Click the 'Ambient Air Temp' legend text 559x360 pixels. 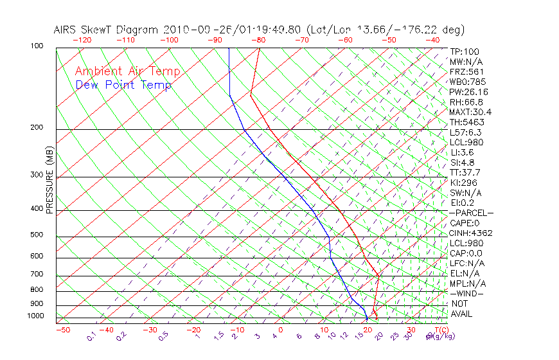pyautogui.click(x=127, y=71)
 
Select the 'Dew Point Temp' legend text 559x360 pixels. pyautogui.click(x=123, y=85)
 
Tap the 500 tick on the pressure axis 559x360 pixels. pyautogui.click(x=37, y=235)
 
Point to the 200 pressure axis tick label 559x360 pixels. pyautogui.click(x=37, y=127)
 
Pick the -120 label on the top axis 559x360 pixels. pyautogui.click(x=82, y=40)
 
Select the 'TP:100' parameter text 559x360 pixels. pyautogui.click(x=464, y=51)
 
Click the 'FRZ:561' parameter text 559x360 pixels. pyautogui.click(x=467, y=71)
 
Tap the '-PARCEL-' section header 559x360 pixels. pyautogui.click(x=471, y=213)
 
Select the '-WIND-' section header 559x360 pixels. pyautogui.click(x=467, y=293)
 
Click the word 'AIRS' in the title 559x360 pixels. pyautogui.click(x=66, y=30)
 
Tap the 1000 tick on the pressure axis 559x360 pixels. pyautogui.click(x=36, y=316)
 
